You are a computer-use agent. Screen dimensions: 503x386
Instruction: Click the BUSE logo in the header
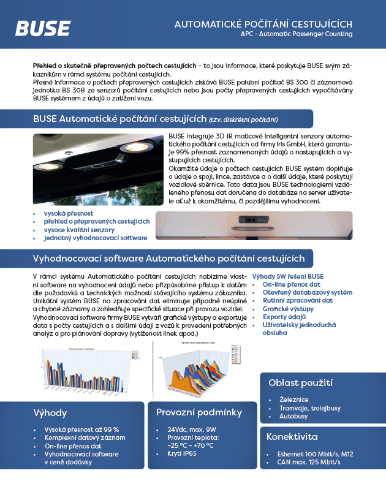[x=42, y=28]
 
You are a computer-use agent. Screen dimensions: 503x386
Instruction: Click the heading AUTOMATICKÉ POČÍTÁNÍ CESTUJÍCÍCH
[x=263, y=23]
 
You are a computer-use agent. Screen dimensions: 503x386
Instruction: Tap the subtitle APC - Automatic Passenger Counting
[x=297, y=34]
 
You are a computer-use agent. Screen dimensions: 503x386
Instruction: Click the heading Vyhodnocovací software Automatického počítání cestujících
[x=168, y=258]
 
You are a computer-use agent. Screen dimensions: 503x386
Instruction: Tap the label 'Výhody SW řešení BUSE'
[x=288, y=277]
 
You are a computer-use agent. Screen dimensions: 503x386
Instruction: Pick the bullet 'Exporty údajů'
[x=284, y=317]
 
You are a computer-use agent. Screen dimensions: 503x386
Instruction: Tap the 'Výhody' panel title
[x=50, y=413]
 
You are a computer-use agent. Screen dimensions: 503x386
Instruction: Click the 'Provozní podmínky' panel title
[x=199, y=412]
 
